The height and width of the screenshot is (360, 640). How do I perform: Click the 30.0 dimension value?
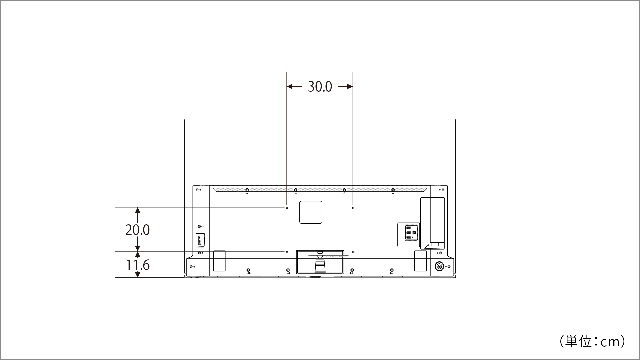pos(320,87)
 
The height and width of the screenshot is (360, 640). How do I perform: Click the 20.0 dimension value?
pos(137,230)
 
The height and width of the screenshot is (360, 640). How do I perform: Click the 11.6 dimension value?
pos(137,265)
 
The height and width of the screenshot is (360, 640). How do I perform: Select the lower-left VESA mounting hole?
pos(287,252)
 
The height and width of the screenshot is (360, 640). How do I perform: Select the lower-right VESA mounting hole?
pos(353,252)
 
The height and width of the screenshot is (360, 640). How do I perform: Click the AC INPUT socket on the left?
pos(200,240)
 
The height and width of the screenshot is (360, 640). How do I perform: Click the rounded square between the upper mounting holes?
pos(311,212)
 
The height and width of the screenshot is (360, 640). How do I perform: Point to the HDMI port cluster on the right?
pos(408,233)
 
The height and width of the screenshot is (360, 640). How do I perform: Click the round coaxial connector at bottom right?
pos(439,266)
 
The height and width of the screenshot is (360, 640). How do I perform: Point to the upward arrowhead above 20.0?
pos(137,210)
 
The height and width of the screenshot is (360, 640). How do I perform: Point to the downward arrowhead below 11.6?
pos(137,275)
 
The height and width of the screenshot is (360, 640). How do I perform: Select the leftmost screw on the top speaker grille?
pos(247,190)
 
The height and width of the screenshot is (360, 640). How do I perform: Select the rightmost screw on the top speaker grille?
pos(393,190)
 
